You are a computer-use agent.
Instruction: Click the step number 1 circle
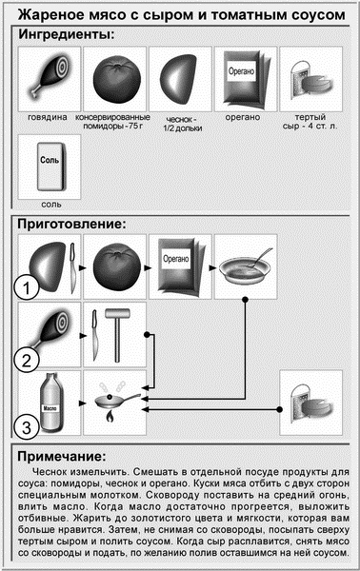click(x=27, y=287)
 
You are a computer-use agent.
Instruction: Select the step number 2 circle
click(x=27, y=361)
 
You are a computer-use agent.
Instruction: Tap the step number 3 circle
click(x=27, y=426)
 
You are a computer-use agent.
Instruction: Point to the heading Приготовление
click(x=71, y=224)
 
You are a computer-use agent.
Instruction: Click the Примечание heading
click(x=62, y=456)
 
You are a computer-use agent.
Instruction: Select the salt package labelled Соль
click(x=50, y=167)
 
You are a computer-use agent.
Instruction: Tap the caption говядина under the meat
click(x=48, y=117)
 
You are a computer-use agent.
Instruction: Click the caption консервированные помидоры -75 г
click(x=112, y=122)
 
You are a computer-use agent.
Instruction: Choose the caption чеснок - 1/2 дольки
click(x=183, y=124)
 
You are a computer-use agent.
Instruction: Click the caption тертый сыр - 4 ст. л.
click(x=310, y=122)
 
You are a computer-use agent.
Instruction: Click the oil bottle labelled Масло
click(x=51, y=403)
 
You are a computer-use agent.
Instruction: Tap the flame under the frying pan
click(x=110, y=416)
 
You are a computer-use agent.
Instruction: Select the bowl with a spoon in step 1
click(x=245, y=268)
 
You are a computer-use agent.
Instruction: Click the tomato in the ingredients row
click(x=116, y=79)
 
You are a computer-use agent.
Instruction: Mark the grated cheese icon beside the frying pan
click(x=311, y=403)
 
